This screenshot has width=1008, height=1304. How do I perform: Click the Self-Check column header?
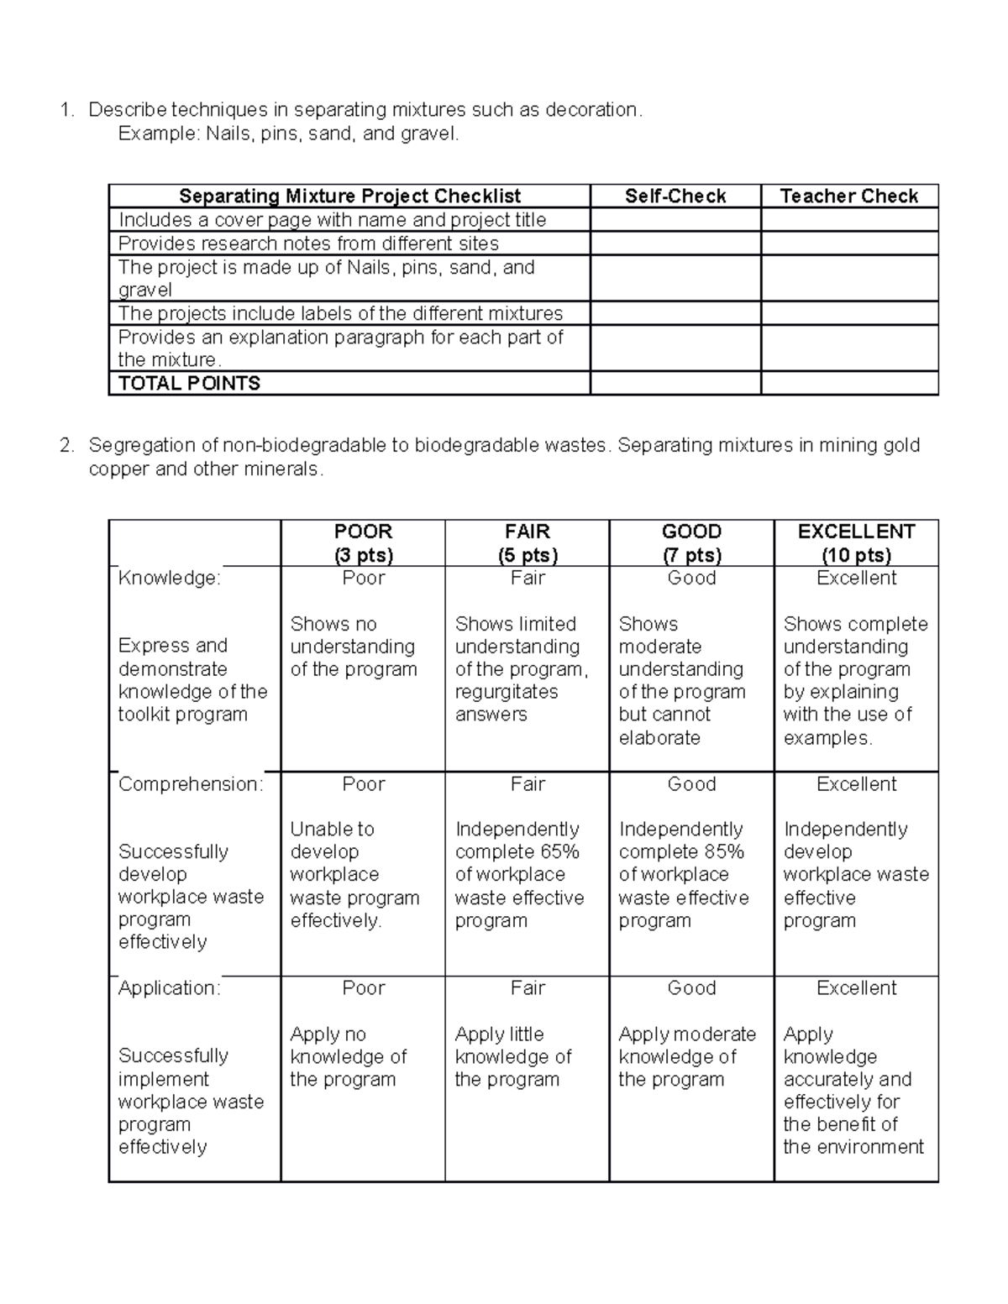coord(675,196)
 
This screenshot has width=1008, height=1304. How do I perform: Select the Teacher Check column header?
coord(848,196)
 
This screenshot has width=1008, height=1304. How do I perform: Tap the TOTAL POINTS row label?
coord(189,384)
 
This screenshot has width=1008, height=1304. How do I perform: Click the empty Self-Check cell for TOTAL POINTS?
coord(675,384)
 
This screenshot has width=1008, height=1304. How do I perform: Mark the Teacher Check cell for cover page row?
coord(848,220)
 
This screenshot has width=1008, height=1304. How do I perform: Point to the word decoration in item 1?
coord(592,110)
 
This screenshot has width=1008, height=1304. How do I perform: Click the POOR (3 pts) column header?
coord(363,543)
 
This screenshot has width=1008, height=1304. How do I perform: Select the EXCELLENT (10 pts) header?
coord(856,543)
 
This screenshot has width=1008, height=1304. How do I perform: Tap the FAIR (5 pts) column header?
coord(527,543)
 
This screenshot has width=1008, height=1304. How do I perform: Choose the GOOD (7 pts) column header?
coord(691,543)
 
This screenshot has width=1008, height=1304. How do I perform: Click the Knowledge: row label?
coord(169,579)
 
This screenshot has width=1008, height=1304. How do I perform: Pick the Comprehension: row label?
coord(191,784)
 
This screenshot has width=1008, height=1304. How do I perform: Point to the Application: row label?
coord(169,988)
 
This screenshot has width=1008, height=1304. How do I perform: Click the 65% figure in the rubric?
coord(559,852)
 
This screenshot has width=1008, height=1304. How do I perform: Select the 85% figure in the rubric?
coord(724,852)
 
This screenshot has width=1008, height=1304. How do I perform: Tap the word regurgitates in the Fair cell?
coord(507,692)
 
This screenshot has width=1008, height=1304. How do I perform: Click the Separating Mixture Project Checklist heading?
coord(349,196)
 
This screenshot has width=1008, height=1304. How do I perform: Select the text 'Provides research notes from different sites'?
coord(308,244)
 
